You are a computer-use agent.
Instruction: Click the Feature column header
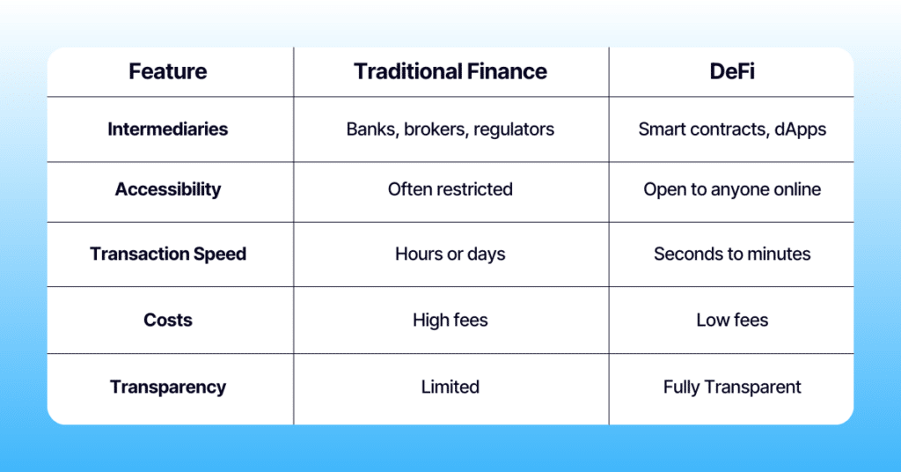(168, 71)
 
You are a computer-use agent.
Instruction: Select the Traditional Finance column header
(450, 71)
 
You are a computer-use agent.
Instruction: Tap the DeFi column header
(731, 71)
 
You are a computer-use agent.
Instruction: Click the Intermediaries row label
(168, 129)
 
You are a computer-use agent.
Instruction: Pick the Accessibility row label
(168, 189)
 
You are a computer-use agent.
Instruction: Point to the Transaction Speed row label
(168, 254)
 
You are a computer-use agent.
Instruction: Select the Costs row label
(168, 320)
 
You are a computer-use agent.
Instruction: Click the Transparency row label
(168, 387)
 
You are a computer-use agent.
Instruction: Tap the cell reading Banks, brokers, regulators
(450, 129)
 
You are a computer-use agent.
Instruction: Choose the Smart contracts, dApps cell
(731, 129)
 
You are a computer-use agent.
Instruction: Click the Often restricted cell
(450, 189)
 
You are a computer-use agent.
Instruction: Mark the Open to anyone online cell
(731, 189)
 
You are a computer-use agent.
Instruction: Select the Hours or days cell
(450, 254)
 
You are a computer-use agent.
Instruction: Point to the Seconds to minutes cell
(731, 254)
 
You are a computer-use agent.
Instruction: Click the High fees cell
(450, 321)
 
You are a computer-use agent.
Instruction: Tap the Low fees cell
(731, 321)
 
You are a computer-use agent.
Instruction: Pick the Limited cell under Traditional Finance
(450, 387)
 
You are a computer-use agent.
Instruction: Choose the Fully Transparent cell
(731, 387)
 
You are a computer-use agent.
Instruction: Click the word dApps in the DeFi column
(801, 130)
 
